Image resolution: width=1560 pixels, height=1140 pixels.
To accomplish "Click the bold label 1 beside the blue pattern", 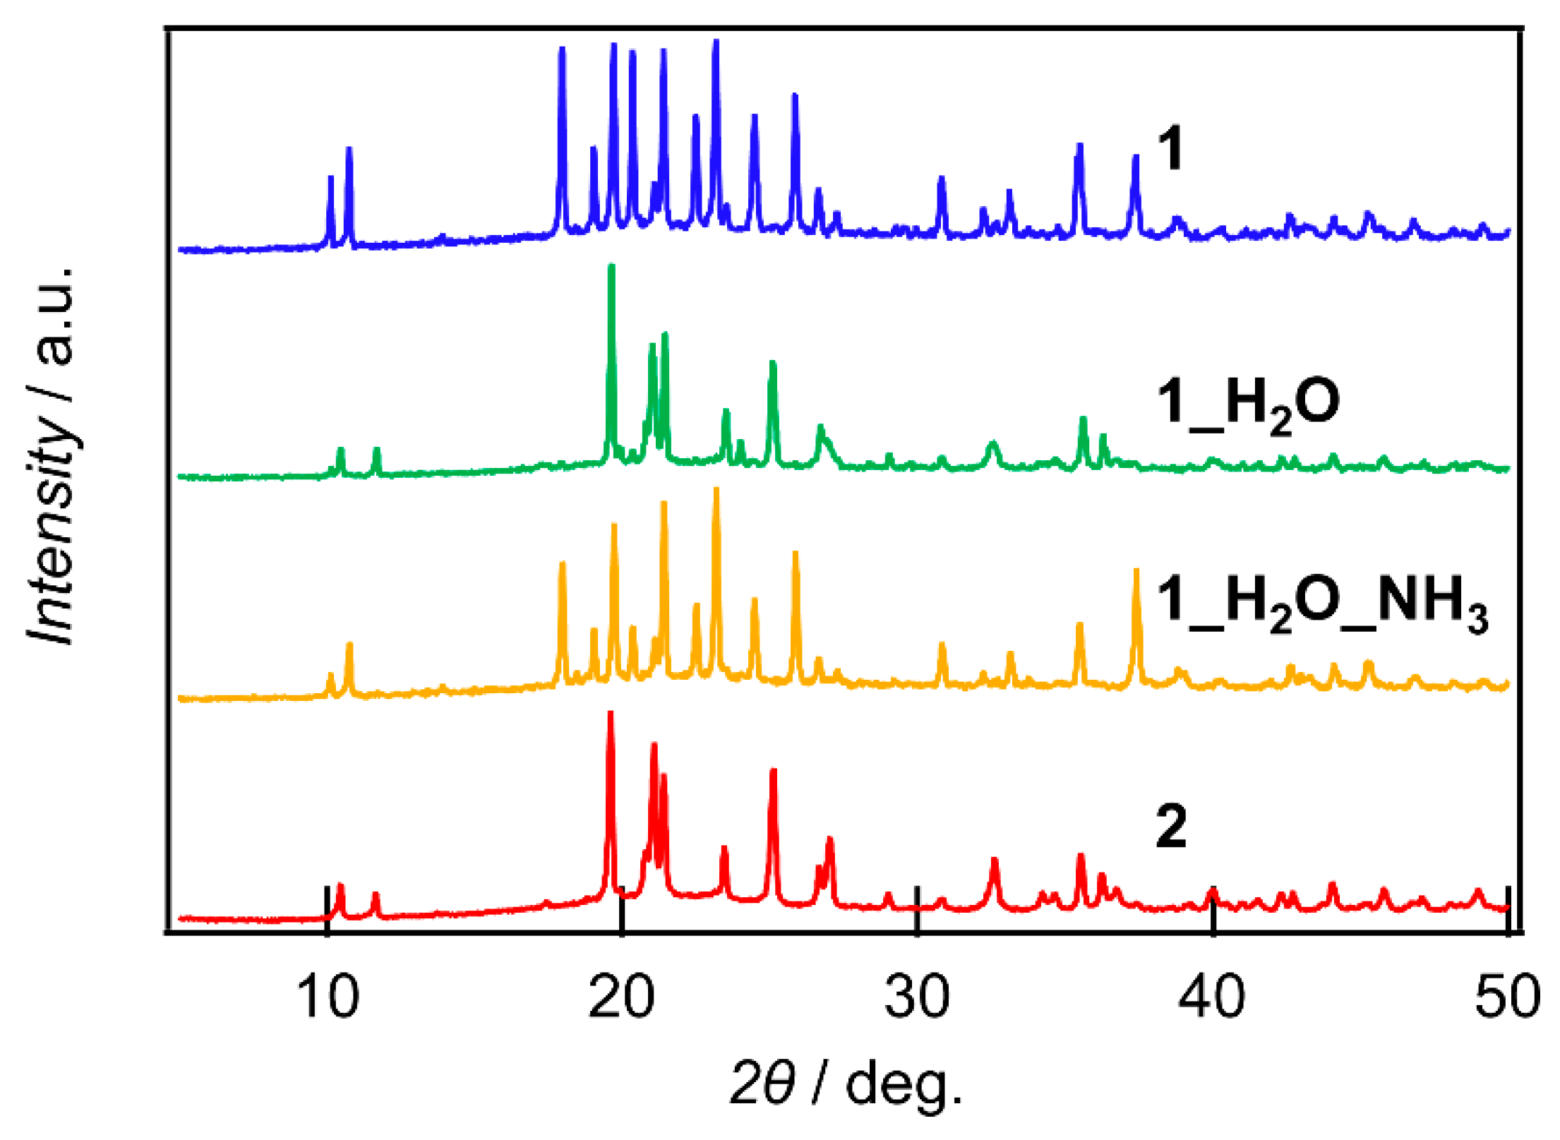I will [1171, 149].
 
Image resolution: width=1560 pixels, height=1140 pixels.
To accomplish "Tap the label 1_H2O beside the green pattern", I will [1248, 403].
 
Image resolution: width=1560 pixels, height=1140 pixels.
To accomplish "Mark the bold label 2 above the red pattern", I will [1171, 825].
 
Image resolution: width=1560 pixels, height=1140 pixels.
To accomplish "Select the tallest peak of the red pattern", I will [611, 714].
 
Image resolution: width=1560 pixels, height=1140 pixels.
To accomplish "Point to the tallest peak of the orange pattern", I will [716, 490].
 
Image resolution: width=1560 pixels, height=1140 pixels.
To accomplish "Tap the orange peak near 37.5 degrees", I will [1136, 571].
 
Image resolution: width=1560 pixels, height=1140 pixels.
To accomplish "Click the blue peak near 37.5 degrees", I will [1136, 157].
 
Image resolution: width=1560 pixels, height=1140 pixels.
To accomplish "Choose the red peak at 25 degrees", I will [774, 771].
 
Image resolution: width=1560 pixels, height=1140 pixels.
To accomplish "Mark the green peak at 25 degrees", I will [773, 363].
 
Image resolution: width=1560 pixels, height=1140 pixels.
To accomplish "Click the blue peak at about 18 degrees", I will [563, 49].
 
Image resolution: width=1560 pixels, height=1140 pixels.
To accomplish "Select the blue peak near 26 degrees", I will [796, 95].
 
